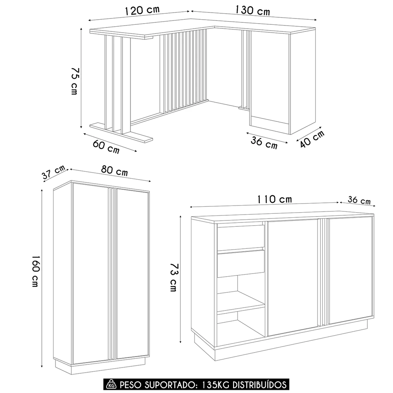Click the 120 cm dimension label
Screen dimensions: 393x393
coord(142,11)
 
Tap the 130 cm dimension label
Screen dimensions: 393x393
coord(253,10)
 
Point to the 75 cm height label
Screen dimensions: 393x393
coord(75,81)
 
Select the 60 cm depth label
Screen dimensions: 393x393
coord(106,147)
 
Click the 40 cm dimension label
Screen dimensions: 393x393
coord(312,139)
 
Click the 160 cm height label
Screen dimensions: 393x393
coord(35,271)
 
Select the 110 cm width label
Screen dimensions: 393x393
coord(275,200)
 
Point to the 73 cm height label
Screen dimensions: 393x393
coord(173,277)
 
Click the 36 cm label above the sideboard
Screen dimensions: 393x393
coord(359,200)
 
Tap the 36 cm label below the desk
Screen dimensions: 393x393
coord(264,143)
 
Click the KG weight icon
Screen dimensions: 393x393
coord(111,384)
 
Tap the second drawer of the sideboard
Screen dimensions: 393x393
coord(241,263)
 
